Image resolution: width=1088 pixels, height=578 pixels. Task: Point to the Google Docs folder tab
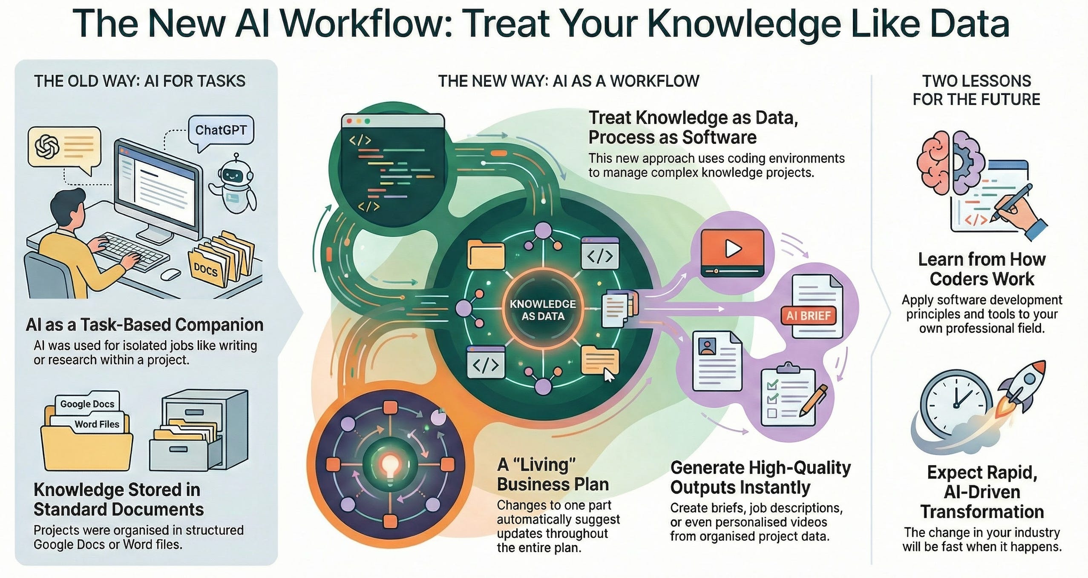pyautogui.click(x=87, y=403)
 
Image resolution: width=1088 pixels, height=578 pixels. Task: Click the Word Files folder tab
pyautogui.click(x=97, y=424)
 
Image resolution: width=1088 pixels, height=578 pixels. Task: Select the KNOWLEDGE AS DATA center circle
pyautogui.click(x=542, y=310)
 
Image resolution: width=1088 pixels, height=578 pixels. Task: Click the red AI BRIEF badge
pyautogui.click(x=808, y=316)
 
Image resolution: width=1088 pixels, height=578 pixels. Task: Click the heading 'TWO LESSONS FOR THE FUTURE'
pyautogui.click(x=976, y=90)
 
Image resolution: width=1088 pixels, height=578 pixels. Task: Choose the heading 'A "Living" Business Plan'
pyautogui.click(x=553, y=475)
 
